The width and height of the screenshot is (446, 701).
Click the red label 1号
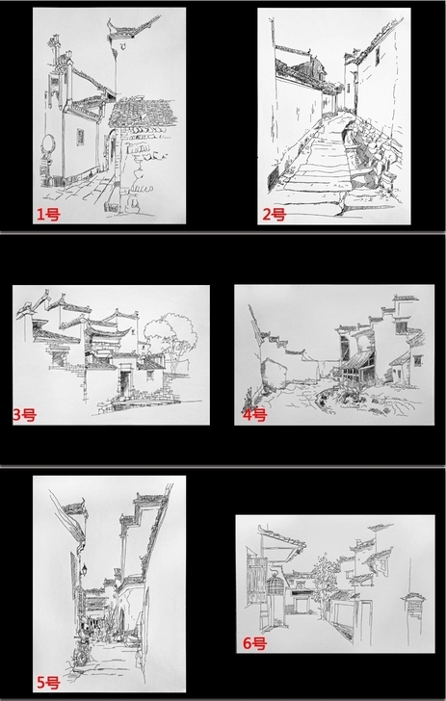click(x=48, y=215)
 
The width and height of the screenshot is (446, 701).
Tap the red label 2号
click(x=274, y=215)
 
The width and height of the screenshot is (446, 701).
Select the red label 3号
click(x=24, y=415)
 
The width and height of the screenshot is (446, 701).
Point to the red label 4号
click(x=254, y=415)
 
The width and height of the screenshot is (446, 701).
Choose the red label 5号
click(x=48, y=683)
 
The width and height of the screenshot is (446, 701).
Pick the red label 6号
click(x=254, y=643)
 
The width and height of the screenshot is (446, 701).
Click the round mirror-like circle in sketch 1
click(x=47, y=144)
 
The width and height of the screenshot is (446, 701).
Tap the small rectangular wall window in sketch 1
click(x=80, y=137)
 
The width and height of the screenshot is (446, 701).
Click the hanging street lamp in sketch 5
click(x=83, y=570)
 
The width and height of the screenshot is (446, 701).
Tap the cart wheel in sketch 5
click(x=82, y=657)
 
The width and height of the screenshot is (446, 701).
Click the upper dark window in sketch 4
click(x=402, y=326)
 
